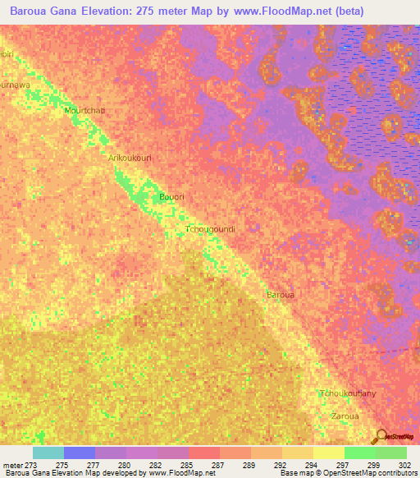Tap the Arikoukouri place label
click(130, 158)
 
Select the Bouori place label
click(170, 198)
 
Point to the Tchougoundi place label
click(211, 229)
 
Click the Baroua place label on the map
click(280, 293)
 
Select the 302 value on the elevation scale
click(401, 465)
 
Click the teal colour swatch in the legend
click(48, 453)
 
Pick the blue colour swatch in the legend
click(79, 453)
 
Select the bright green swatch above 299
click(359, 453)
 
